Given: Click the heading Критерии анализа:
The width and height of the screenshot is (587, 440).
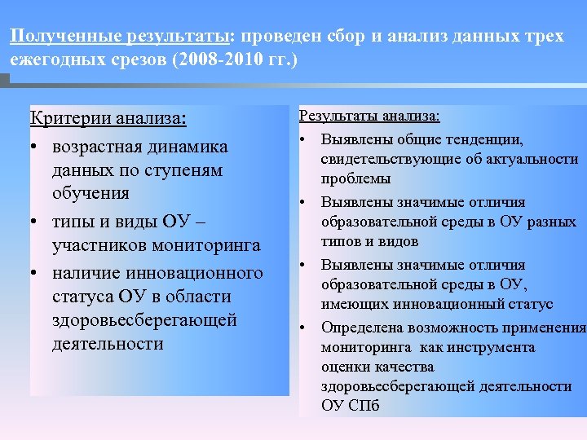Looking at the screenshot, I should point(108,119).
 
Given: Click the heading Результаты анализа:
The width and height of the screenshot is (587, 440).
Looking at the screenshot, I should point(369,117).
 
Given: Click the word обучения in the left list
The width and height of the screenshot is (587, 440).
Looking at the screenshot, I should point(90,194).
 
